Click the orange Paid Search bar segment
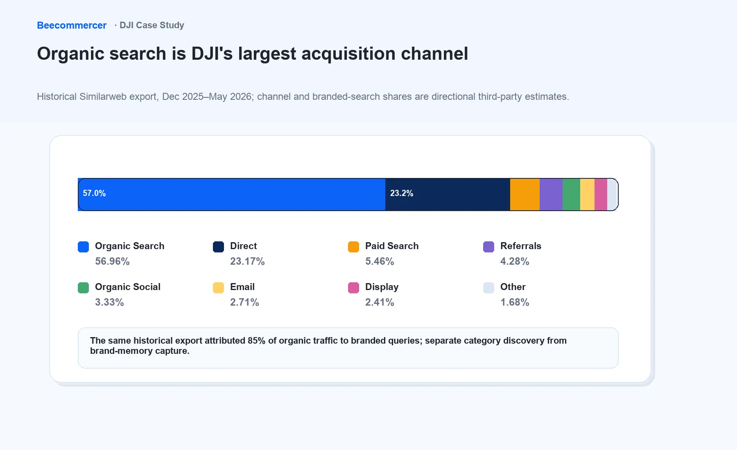(x=525, y=194)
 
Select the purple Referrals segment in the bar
(x=551, y=194)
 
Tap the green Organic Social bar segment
(x=571, y=194)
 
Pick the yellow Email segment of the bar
(x=587, y=194)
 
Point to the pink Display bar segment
(x=601, y=194)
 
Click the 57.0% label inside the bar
(x=94, y=193)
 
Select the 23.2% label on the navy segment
(x=402, y=193)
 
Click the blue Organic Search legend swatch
(x=83, y=247)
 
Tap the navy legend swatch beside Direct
(x=218, y=247)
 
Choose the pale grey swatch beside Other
(x=488, y=288)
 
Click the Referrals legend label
(x=521, y=246)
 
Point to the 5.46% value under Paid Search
(x=380, y=261)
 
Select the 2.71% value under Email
(x=244, y=302)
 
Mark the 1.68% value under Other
(x=515, y=302)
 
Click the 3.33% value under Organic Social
(x=109, y=302)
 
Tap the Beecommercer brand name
(x=72, y=25)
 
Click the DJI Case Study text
(x=152, y=25)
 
